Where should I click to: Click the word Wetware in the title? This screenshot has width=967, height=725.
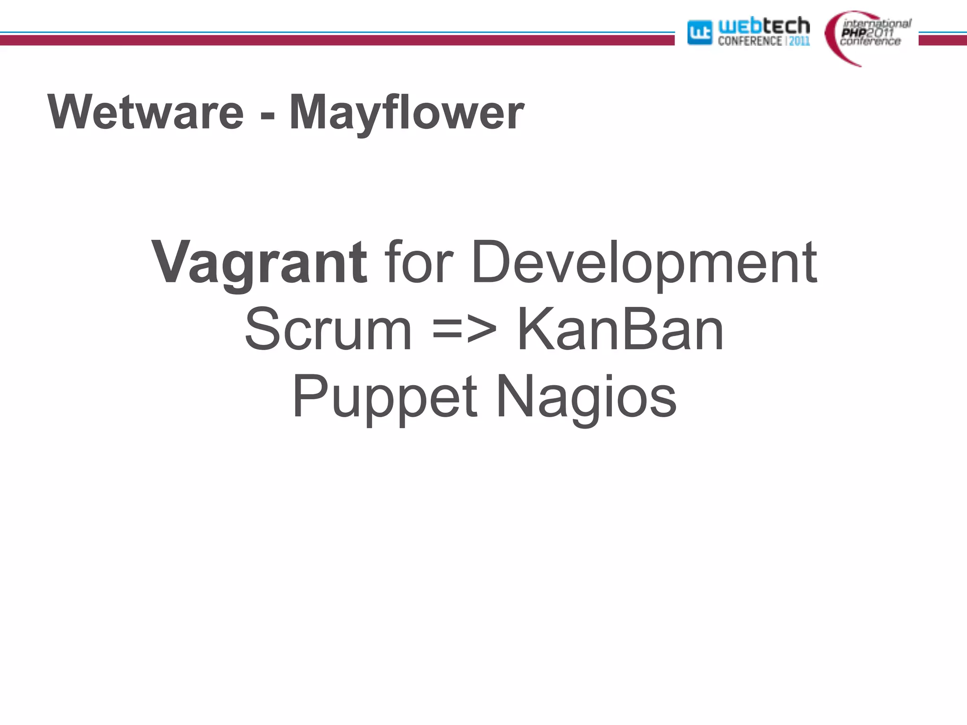[x=146, y=112]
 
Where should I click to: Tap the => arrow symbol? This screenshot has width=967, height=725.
[x=464, y=330]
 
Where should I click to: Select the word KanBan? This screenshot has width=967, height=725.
[x=620, y=329]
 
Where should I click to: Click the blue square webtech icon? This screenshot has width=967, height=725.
[x=699, y=33]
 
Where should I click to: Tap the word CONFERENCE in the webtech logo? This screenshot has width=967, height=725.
[x=750, y=41]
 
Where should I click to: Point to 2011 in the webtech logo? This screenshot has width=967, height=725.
[x=799, y=41]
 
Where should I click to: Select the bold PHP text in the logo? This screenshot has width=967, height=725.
[x=854, y=33]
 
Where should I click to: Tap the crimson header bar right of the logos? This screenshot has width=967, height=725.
[x=942, y=41]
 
